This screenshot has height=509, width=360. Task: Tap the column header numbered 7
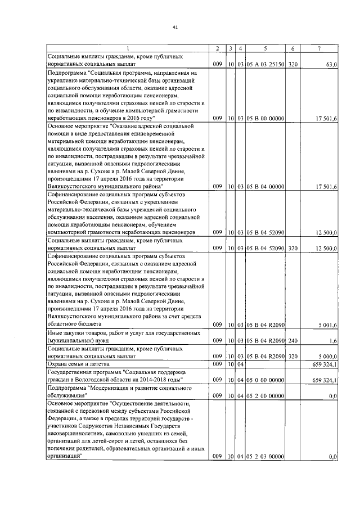pos(319,49)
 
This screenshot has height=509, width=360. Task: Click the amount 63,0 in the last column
pos(330,65)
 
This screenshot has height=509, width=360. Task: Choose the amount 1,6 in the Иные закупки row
pos(333,341)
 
